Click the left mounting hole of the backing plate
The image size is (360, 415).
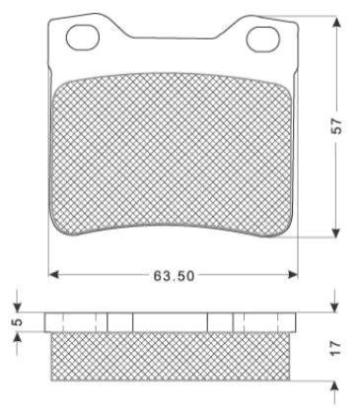(x=83, y=38)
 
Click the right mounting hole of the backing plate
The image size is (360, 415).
(x=262, y=39)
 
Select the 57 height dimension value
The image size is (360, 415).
(x=336, y=125)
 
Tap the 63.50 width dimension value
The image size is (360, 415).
(x=174, y=276)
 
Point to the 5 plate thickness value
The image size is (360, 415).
(x=19, y=321)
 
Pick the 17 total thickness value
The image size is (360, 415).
(x=336, y=348)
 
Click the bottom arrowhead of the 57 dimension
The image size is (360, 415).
(x=335, y=233)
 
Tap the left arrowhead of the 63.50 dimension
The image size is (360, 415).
(x=53, y=274)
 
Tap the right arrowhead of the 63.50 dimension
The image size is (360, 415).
(x=292, y=274)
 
